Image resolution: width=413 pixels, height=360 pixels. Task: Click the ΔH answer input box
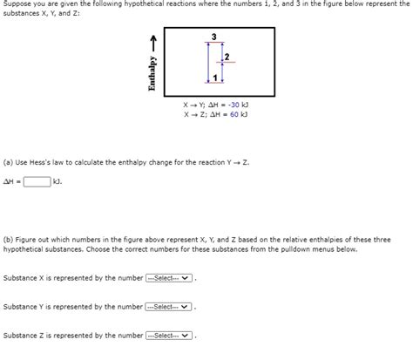pos(36,181)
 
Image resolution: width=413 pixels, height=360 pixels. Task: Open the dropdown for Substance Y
pos(169,307)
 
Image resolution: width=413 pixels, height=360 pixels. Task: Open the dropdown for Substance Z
pos(169,336)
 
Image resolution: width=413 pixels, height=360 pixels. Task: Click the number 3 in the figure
pos(213,36)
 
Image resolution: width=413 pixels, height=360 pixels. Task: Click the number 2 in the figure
pos(227,57)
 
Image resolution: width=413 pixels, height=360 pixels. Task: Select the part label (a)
pos(8,162)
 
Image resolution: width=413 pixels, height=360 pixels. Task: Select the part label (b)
pos(8,238)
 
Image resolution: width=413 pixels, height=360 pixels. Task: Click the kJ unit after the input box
pos(57,181)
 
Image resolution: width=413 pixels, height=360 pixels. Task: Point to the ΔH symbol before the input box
pos(10,181)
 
